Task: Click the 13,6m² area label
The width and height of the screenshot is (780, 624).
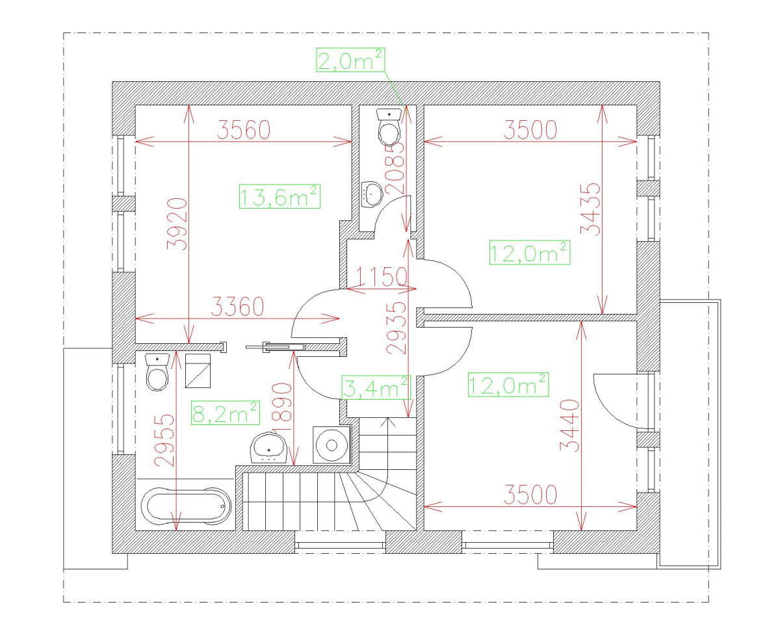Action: click(x=279, y=197)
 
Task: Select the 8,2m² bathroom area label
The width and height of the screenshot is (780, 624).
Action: click(x=226, y=413)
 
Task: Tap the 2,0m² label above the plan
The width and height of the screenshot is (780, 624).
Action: click(x=350, y=60)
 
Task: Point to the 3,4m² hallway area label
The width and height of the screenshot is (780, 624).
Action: click(x=376, y=387)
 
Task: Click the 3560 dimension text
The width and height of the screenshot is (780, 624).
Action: click(x=244, y=130)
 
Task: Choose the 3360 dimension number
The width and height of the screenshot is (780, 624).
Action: click(x=237, y=307)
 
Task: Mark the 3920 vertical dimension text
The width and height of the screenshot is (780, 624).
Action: click(x=177, y=224)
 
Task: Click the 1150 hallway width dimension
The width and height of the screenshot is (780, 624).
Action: click(x=382, y=277)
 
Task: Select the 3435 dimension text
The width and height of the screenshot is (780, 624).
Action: click(x=591, y=209)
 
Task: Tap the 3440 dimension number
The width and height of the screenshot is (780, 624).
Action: click(x=570, y=425)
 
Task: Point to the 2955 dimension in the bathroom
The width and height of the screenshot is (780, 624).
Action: click(x=164, y=440)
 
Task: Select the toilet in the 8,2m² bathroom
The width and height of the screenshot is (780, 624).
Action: click(x=157, y=372)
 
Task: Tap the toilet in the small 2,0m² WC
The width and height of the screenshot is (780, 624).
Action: click(x=389, y=127)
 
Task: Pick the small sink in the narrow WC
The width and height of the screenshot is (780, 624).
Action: click(x=372, y=194)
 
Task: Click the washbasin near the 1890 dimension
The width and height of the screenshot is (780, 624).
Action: click(x=268, y=448)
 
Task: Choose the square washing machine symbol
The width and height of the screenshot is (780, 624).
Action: click(x=331, y=445)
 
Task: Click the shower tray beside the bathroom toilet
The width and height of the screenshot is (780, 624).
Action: click(x=198, y=371)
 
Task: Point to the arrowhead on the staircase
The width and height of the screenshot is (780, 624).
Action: click(x=388, y=422)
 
